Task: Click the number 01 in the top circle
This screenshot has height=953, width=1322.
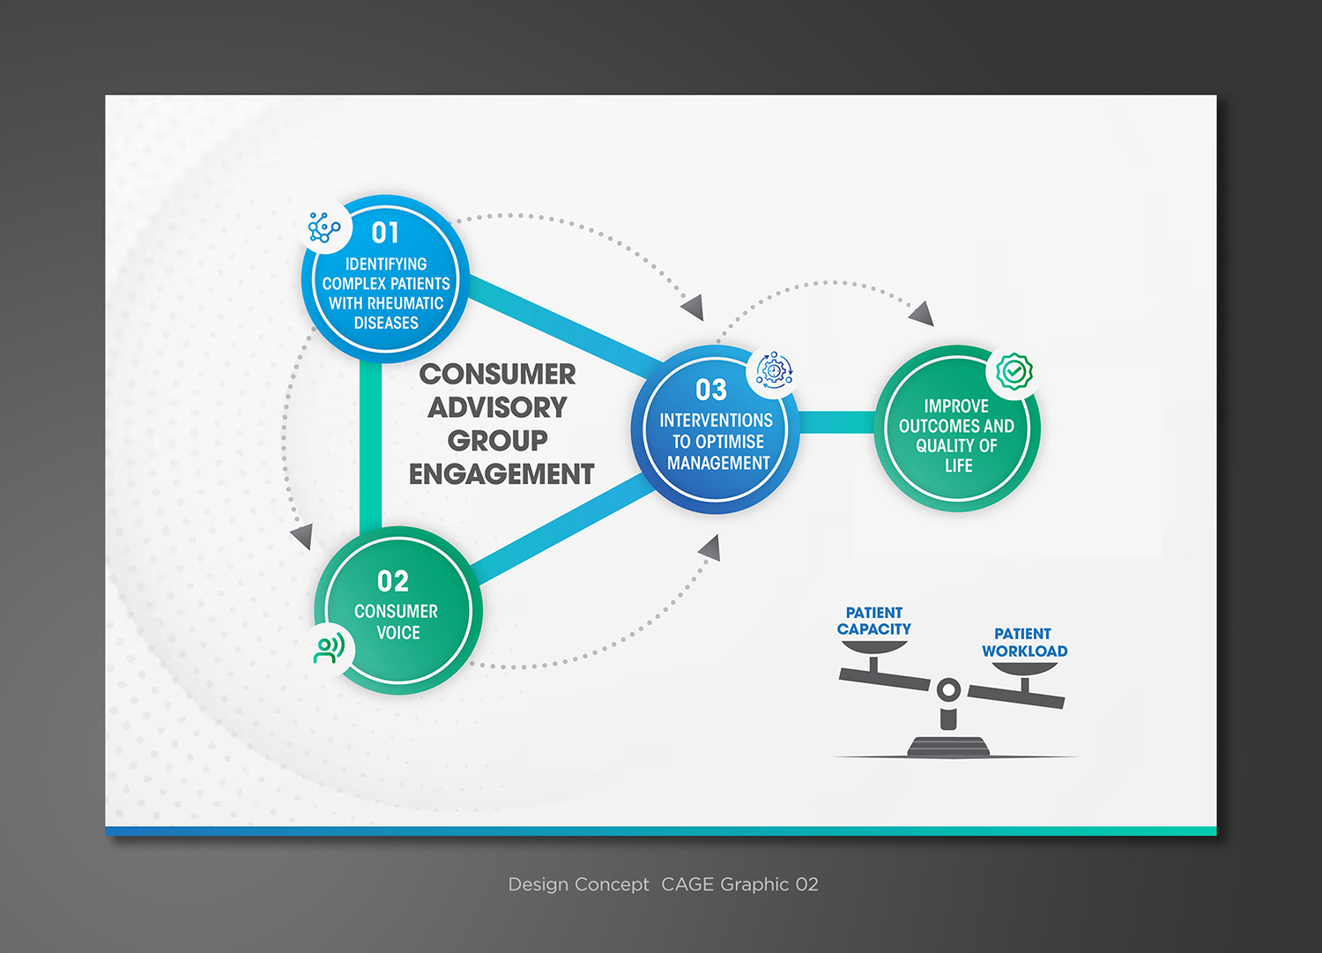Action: click(385, 233)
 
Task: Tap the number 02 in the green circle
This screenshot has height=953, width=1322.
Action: click(393, 582)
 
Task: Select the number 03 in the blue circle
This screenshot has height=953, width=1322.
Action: click(711, 391)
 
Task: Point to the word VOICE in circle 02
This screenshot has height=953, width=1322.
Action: click(398, 633)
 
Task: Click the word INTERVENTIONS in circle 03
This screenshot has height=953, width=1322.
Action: click(716, 421)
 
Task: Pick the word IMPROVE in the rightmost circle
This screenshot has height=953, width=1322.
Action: click(956, 406)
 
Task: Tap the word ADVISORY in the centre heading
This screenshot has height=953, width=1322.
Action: click(497, 407)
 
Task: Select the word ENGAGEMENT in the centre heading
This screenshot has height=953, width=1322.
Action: click(501, 474)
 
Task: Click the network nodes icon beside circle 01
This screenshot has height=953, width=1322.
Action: click(323, 227)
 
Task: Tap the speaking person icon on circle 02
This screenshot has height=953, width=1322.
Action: click(330, 650)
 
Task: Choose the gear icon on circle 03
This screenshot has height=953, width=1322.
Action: click(774, 371)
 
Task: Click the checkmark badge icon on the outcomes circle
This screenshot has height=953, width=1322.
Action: click(1014, 372)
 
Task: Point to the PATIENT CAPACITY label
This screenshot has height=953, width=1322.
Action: click(874, 621)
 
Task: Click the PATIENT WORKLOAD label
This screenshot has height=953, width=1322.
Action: click(1024, 643)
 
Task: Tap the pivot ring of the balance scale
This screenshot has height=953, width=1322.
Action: click(948, 690)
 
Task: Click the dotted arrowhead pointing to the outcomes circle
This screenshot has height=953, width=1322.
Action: click(922, 313)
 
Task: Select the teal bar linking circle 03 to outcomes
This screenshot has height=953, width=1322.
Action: click(836, 423)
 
